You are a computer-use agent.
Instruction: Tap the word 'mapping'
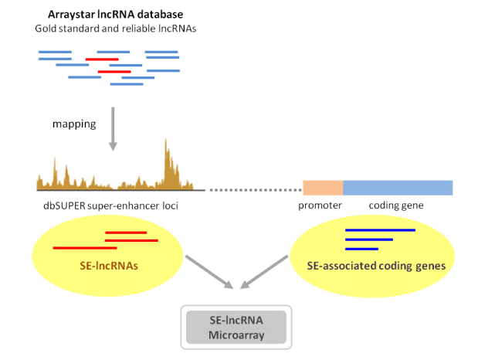[x=73, y=124]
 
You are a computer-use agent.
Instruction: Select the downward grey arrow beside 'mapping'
[x=114, y=127]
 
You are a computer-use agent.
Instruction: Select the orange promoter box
[x=323, y=188]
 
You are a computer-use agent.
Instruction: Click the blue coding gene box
[x=398, y=188]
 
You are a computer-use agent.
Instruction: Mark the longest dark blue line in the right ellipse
[x=380, y=230]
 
